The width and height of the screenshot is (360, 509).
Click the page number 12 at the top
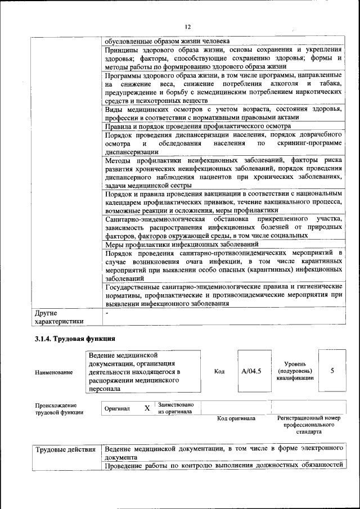[x=188, y=26]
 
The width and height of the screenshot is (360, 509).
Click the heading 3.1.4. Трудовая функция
[x=75, y=339]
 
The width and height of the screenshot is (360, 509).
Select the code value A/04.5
[x=251, y=371]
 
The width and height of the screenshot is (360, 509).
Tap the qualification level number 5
[x=332, y=371]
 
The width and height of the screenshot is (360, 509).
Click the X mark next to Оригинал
[x=147, y=408]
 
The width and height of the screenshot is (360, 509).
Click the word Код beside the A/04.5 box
[x=219, y=371]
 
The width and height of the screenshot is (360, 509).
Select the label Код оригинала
[x=236, y=418]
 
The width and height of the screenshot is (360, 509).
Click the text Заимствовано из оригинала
[x=176, y=408]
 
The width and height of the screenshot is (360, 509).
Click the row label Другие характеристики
[x=59, y=317]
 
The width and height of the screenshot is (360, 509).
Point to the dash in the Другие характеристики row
[x=107, y=312]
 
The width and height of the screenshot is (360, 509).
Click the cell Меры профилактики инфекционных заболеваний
[x=182, y=245]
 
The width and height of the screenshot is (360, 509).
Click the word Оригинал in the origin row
[x=118, y=408]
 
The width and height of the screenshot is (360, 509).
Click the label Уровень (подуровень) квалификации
[x=295, y=371]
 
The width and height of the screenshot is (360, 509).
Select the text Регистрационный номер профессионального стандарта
[x=309, y=425]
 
